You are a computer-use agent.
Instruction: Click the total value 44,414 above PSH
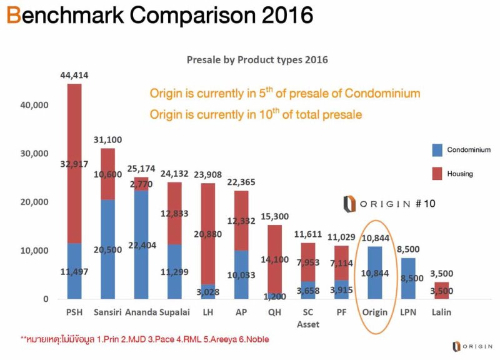74,76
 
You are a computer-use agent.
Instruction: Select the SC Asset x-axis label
306,318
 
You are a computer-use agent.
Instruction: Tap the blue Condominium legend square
437,150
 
